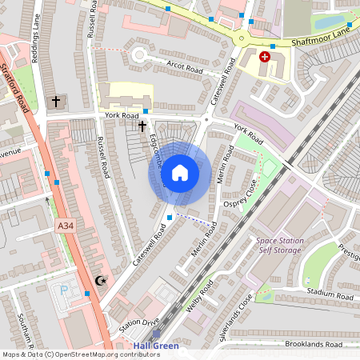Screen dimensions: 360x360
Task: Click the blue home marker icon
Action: [x=180, y=173]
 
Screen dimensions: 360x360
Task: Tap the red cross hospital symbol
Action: [x=265, y=58]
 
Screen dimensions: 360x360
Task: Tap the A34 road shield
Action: [x=66, y=228]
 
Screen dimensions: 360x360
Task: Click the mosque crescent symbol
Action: [x=101, y=280]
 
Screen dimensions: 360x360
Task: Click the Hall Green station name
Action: [x=156, y=346]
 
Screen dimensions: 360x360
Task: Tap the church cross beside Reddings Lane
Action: [x=56, y=102]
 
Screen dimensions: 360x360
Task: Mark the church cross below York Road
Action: [x=142, y=126]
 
